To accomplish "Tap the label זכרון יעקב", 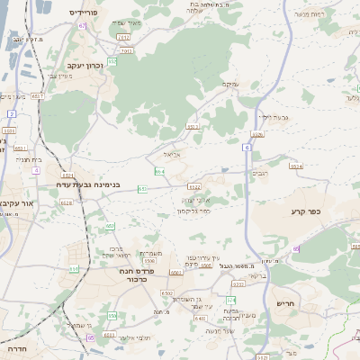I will point(86,66).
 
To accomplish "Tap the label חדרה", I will point(15,346).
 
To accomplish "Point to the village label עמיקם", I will point(230,84).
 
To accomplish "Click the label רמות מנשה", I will point(307,14).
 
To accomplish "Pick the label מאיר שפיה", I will point(129,22).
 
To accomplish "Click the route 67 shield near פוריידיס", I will point(82,26).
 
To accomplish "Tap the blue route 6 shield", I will point(247,147).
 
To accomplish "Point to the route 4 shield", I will point(36,169).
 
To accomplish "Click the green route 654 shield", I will point(159,171).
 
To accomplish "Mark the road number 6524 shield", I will point(296,166).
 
